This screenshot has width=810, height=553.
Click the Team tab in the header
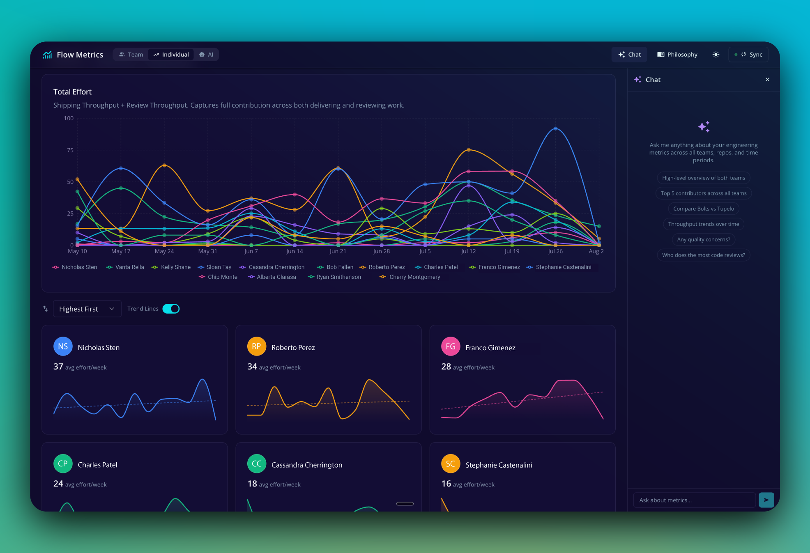click(131, 55)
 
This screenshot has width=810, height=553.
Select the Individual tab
click(171, 55)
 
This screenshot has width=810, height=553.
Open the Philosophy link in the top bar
click(677, 55)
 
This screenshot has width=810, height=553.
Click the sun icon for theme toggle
click(716, 55)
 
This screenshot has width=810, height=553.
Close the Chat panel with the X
click(767, 80)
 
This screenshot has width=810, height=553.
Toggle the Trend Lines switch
click(171, 309)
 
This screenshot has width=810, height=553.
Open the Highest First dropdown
click(87, 309)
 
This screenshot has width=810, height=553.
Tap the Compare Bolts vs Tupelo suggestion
click(704, 209)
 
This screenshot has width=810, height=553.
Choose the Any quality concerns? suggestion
click(704, 239)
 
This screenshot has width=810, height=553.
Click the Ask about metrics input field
click(695, 500)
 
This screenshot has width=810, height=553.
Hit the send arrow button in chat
click(766, 500)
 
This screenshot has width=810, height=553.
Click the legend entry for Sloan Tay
click(214, 267)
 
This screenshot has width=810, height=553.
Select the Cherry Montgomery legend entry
click(410, 277)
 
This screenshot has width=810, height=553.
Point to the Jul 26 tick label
click(555, 251)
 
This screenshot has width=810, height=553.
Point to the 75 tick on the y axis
click(70, 150)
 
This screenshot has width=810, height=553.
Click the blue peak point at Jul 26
click(556, 128)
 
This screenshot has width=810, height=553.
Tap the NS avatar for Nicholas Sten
click(63, 346)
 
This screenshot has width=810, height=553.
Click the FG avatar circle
click(451, 346)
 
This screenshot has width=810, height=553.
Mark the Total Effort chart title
click(72, 92)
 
